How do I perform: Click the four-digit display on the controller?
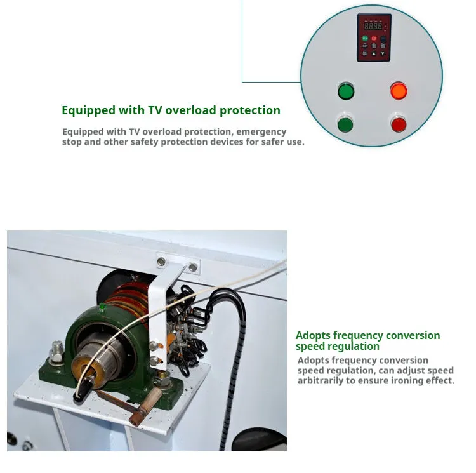click(x=373, y=26)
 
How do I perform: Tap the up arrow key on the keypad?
click(x=374, y=53)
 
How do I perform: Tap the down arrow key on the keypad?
click(x=383, y=53)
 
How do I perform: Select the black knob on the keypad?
click(x=383, y=39)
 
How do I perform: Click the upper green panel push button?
click(x=346, y=91)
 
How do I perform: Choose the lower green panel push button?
click(x=345, y=125)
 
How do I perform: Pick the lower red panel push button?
click(x=399, y=124)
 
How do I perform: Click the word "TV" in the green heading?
click(x=155, y=110)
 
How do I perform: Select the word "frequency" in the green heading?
click(x=358, y=336)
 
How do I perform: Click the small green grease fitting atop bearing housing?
click(x=102, y=307)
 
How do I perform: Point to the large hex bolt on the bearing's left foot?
click(x=56, y=351)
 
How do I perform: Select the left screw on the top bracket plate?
click(x=161, y=261)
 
